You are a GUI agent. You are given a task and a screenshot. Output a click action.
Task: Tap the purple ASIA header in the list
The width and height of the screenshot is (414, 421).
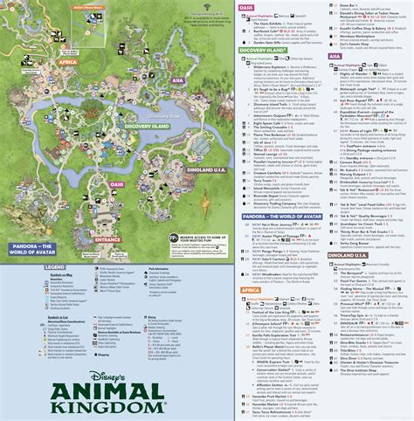coord(335,54)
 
